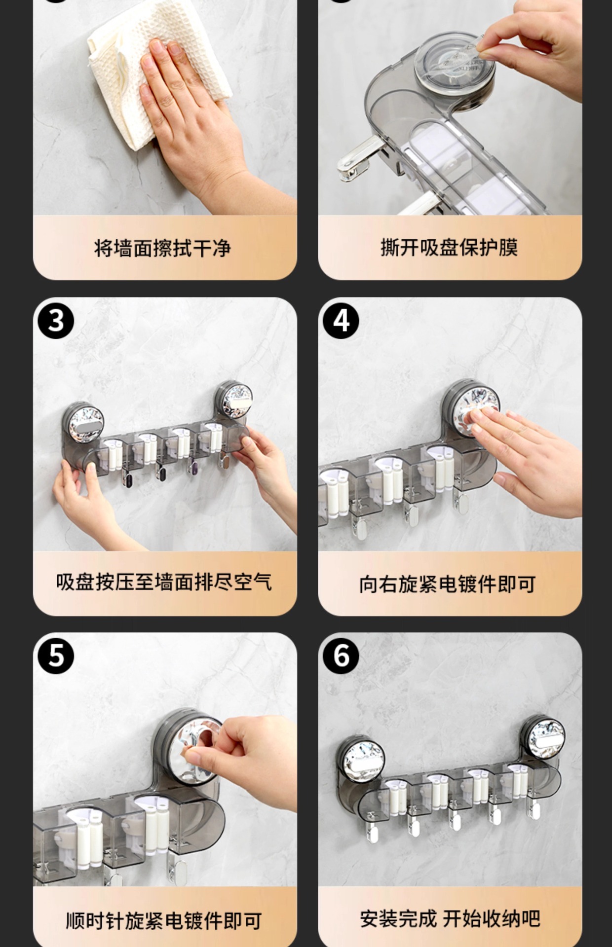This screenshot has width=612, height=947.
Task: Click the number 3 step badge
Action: pyautogui.click(x=56, y=321)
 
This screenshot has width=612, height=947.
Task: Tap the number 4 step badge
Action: pyautogui.click(x=341, y=321)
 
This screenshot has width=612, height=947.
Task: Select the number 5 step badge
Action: pyautogui.click(x=56, y=656)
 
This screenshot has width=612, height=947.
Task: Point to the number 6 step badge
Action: pyautogui.click(x=341, y=656)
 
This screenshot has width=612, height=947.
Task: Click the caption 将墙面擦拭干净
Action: pyautogui.click(x=162, y=248)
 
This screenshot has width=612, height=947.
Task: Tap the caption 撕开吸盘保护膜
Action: pyautogui.click(x=449, y=247)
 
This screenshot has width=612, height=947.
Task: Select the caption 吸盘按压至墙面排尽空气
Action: pyautogui.click(x=164, y=582)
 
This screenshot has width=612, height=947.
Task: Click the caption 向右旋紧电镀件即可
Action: pyautogui.click(x=448, y=584)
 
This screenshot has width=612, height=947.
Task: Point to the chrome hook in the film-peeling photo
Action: pyautogui.click(x=358, y=158)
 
